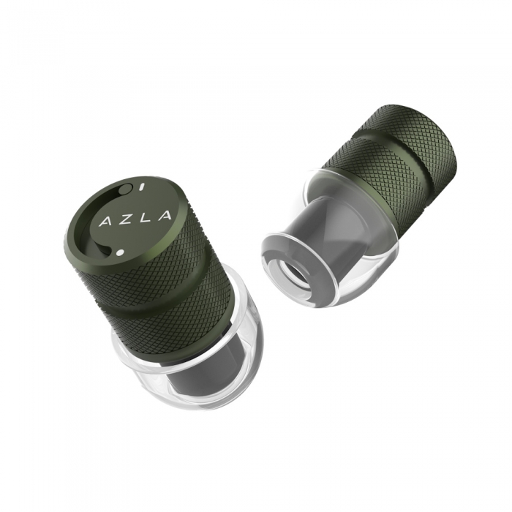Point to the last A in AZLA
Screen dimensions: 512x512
[x=164, y=215]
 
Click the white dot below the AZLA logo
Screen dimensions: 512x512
[x=119, y=252]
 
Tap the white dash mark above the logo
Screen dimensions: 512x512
[x=141, y=187]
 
